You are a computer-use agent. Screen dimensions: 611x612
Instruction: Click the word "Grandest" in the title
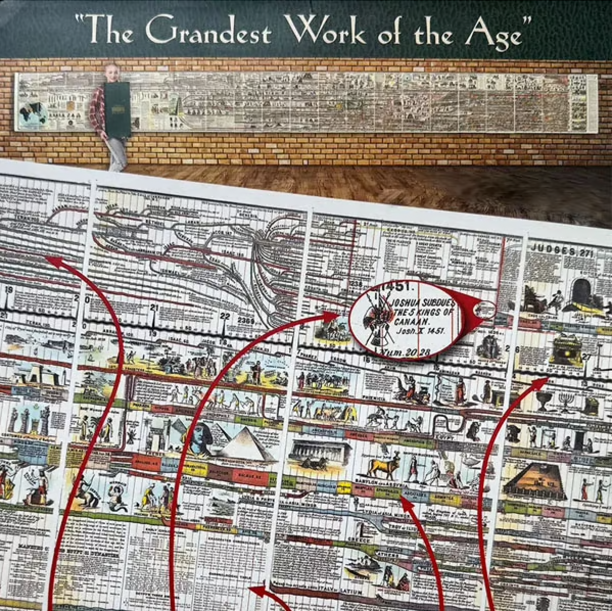click(x=208, y=32)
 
